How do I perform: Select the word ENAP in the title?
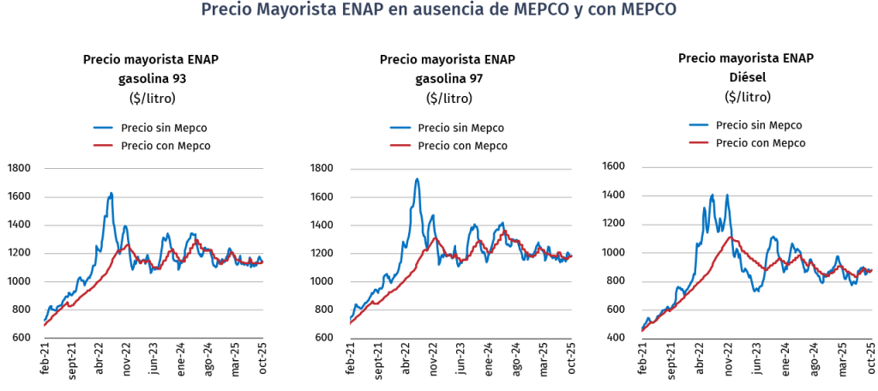[359, 10]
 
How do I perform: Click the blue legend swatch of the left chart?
[103, 129]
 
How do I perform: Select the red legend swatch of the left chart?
[103, 146]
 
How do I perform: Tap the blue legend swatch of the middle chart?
[400, 129]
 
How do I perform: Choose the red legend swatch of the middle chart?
[400, 146]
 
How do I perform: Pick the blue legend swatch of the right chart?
[699, 125]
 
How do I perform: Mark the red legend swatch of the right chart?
[699, 141]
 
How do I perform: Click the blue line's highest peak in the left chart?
[111, 193]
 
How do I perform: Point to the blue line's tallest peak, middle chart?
[417, 179]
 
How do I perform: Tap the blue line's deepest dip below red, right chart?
[756, 291]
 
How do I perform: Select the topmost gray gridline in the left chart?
[154, 169]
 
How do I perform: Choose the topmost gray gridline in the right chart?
[758, 168]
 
